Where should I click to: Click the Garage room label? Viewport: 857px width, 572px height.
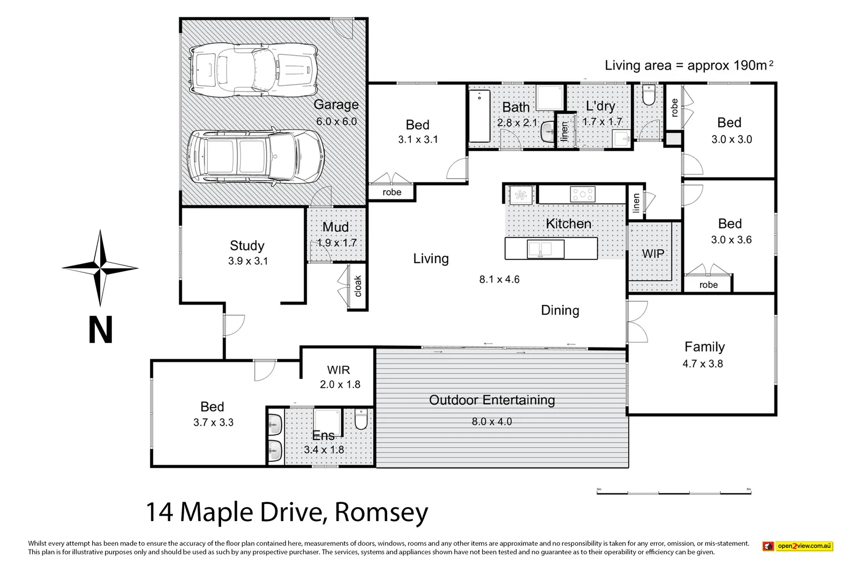[x=336, y=105]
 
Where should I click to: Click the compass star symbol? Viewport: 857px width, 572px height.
[x=100, y=267]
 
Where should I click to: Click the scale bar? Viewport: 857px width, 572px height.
[x=673, y=491]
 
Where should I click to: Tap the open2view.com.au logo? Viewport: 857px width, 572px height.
[x=798, y=546]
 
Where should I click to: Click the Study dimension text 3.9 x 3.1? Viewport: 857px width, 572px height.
[x=247, y=261]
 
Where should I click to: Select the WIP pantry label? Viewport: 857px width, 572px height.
[x=653, y=253]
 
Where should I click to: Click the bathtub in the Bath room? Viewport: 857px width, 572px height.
[x=480, y=118]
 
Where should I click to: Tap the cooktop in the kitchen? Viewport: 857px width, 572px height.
[x=582, y=194]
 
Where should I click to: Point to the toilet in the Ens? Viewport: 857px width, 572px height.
[x=360, y=419]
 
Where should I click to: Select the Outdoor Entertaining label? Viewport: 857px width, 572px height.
[x=492, y=400]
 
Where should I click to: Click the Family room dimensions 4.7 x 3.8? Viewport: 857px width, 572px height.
[x=702, y=363]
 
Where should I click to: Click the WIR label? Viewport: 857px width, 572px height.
[x=339, y=370]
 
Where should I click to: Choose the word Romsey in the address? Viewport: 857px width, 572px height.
[x=381, y=512]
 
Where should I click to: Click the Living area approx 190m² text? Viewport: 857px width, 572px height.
[x=689, y=65]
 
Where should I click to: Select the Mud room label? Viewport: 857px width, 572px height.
[x=336, y=227]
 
